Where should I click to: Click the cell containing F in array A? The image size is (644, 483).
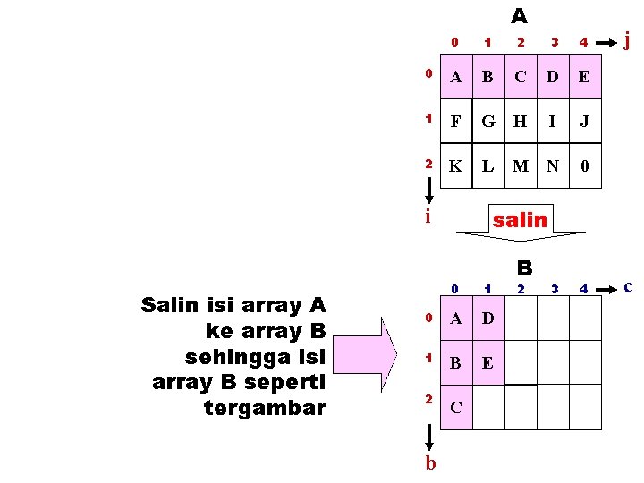pos(456,121)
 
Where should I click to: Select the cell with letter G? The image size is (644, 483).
pos(487,121)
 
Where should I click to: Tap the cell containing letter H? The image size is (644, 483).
pos(521,121)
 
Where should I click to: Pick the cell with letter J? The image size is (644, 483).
pos(584,121)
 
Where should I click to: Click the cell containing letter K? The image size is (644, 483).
pos(456,165)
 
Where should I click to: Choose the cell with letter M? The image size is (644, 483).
pos(521,165)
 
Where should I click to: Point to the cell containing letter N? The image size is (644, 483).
pos(553,165)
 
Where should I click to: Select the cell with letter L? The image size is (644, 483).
pos(487,165)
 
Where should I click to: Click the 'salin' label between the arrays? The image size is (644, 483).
pos(520,219)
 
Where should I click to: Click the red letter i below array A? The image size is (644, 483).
pos(428,216)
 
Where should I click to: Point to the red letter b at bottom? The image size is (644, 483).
pos(430,462)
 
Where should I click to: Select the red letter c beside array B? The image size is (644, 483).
pos(629,286)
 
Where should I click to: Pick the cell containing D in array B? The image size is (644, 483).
pos(488,319)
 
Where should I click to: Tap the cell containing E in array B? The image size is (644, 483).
pos(488,364)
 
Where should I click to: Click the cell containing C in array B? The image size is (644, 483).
pos(456,409)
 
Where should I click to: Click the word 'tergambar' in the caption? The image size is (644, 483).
pos(265,408)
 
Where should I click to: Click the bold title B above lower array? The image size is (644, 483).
pos(524,267)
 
